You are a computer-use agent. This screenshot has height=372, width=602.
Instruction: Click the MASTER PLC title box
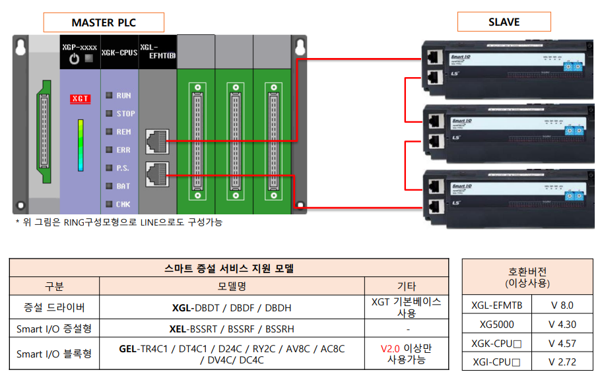(x=104, y=22)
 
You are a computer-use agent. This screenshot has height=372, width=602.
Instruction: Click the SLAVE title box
(x=504, y=22)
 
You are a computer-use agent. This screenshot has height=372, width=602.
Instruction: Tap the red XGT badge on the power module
(x=80, y=99)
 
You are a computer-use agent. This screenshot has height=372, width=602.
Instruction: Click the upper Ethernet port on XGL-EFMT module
(x=156, y=140)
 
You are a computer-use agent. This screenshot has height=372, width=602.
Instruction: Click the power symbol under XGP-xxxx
(x=74, y=59)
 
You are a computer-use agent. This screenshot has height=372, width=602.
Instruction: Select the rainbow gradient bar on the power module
(x=80, y=145)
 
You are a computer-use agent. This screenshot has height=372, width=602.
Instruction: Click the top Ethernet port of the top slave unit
(x=434, y=57)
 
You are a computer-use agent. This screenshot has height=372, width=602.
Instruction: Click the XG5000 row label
(x=497, y=325)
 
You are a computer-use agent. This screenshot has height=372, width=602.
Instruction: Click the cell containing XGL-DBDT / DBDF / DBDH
(x=232, y=307)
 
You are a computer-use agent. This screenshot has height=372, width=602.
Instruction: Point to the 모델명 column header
(x=232, y=286)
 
